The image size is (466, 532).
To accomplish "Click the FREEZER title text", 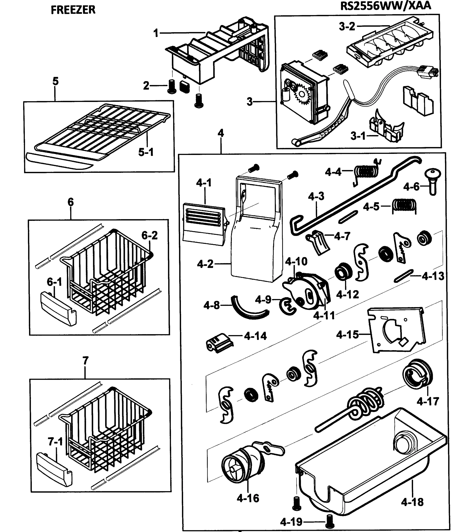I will (x=73, y=10).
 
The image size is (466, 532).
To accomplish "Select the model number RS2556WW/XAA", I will (x=385, y=6).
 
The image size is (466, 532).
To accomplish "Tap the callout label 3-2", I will (x=347, y=27).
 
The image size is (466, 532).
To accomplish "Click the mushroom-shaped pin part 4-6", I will (x=433, y=180).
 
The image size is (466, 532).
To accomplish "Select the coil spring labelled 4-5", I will (x=404, y=205).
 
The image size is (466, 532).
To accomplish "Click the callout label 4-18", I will (x=412, y=502).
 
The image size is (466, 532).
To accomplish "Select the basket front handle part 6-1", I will (x=58, y=309).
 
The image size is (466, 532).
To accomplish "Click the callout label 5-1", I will (x=146, y=152).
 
